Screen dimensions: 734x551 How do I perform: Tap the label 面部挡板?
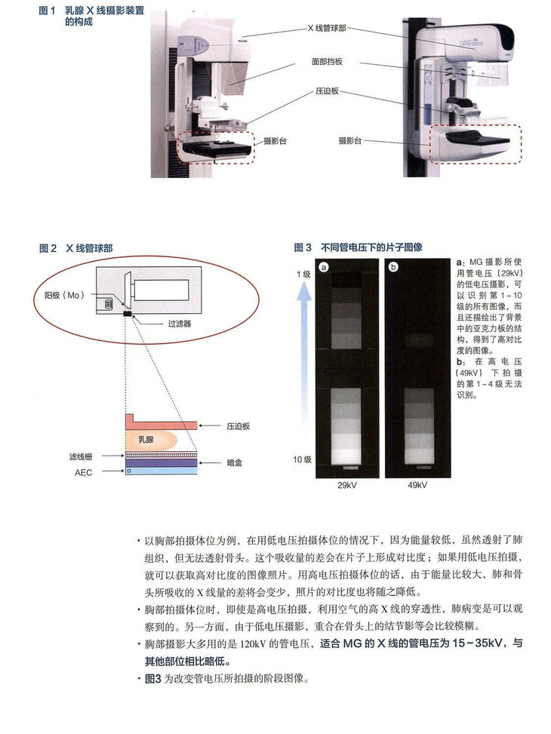[326, 60]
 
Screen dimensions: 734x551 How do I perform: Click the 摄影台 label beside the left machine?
[275, 141]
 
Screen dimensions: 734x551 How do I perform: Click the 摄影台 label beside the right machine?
[352, 141]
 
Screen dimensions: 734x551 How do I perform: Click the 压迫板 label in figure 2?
[238, 426]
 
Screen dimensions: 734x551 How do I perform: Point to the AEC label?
[85, 471]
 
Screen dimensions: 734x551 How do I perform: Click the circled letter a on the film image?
[324, 266]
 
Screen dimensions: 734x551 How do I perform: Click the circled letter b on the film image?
[393, 266]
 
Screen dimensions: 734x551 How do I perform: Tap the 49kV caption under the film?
[417, 485]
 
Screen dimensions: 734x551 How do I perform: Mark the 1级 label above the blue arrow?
[303, 275]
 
